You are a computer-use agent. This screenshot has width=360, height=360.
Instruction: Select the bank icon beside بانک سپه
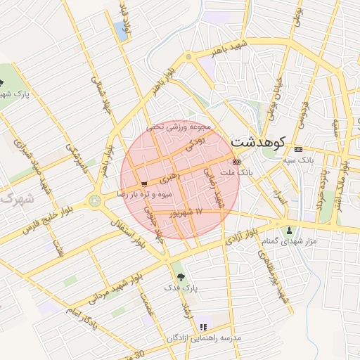299,150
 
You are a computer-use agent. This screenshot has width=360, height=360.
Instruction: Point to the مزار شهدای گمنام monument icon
289,231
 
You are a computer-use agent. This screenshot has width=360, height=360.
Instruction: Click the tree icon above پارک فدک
181,276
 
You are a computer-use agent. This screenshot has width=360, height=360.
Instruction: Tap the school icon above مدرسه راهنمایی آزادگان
203,327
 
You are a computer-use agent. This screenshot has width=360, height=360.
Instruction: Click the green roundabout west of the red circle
94,201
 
